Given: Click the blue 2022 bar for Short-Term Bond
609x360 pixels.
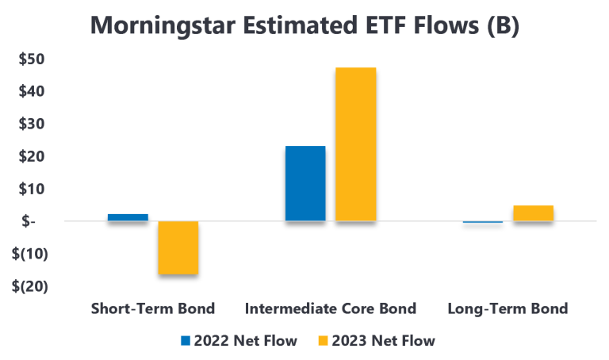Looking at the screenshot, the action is (x=128, y=217).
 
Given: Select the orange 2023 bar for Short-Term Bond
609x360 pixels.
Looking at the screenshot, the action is (x=178, y=247).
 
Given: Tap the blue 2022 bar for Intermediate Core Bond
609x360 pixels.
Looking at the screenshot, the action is (x=305, y=183).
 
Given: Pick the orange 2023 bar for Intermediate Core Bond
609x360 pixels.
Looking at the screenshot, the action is (x=356, y=144).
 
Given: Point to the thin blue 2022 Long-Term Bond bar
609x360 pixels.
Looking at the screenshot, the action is (x=483, y=222).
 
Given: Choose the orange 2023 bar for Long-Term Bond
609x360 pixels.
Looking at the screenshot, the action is (x=533, y=213).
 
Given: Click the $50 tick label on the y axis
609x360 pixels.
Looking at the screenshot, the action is (x=32, y=59).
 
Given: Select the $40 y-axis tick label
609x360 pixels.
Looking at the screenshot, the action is (x=32, y=92).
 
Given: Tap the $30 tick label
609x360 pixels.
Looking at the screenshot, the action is (x=32, y=124).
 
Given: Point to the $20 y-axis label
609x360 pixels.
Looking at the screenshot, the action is (x=32, y=156).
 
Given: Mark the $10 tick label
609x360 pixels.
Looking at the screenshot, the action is (x=32, y=190).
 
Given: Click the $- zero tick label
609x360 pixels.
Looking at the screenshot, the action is (x=29, y=221).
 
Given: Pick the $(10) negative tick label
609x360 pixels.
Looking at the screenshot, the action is (x=30, y=254).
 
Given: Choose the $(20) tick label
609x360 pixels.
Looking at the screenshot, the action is (x=30, y=286).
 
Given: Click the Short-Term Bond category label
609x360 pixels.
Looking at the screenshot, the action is (x=153, y=308).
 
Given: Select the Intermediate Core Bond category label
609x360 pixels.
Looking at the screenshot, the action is (x=331, y=308).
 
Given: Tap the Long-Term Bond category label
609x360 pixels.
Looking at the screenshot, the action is (x=507, y=309).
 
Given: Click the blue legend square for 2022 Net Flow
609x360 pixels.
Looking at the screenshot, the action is (x=186, y=341).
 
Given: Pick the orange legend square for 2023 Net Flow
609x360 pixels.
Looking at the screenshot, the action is (x=324, y=341).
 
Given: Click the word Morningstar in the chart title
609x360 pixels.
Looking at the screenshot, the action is (x=163, y=25).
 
